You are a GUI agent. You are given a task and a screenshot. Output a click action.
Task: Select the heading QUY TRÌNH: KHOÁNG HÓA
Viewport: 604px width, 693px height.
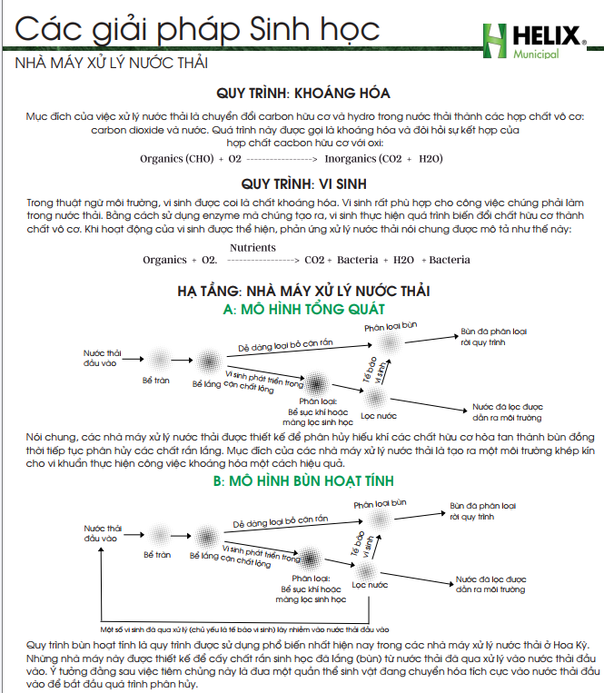click(x=303, y=94)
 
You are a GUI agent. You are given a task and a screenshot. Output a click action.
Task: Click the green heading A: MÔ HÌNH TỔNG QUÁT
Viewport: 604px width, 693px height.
click(x=303, y=310)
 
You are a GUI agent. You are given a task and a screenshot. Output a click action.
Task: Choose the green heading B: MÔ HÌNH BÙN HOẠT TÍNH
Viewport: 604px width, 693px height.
click(x=303, y=480)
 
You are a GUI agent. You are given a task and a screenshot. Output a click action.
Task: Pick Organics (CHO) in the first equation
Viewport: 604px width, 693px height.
click(x=177, y=158)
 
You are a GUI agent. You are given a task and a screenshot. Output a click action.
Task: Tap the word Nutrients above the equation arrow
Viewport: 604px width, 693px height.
click(x=252, y=247)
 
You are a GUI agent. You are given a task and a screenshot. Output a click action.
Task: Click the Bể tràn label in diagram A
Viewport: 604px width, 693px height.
click(x=156, y=381)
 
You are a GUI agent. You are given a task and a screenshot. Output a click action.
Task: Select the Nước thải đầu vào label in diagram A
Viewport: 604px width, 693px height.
click(x=101, y=357)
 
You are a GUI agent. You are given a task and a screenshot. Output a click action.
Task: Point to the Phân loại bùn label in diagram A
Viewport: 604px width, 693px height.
click(x=391, y=325)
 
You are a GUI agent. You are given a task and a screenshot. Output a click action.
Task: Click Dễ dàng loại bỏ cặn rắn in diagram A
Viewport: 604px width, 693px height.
click(x=282, y=346)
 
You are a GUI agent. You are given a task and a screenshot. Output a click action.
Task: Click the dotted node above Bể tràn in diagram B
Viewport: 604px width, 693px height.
click(x=156, y=529)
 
